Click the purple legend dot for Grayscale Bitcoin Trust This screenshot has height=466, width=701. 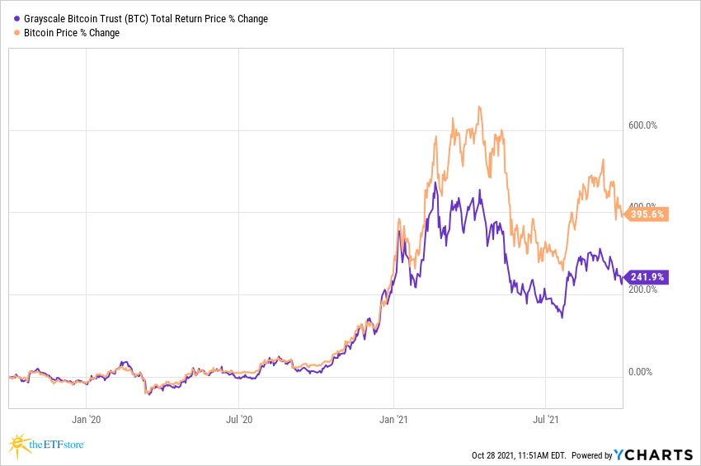[18, 19]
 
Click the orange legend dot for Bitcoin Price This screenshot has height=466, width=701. [18, 33]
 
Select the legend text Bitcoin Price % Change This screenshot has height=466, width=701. [72, 33]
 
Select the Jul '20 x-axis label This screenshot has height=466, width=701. [239, 418]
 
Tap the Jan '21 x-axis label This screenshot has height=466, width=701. [394, 418]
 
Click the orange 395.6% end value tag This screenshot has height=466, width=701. [647, 214]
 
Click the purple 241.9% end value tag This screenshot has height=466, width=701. [647, 277]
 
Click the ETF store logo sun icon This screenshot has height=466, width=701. [20, 446]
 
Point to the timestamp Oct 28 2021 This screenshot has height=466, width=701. [494, 455]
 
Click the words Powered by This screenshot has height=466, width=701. [591, 455]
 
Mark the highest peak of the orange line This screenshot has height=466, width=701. [479, 106]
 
